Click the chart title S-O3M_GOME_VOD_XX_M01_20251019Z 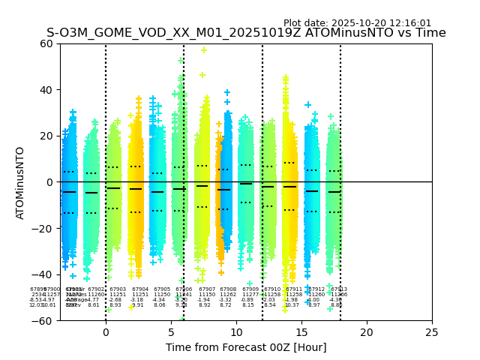246,33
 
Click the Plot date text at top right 357,23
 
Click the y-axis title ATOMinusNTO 20,182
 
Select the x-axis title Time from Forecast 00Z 246,347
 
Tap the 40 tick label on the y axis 46,90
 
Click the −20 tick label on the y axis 43,228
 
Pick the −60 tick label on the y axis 43,320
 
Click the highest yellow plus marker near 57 203,50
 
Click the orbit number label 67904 140,289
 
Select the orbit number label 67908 228,289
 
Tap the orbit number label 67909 250,289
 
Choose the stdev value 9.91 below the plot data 137,305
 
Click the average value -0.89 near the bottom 247,300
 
